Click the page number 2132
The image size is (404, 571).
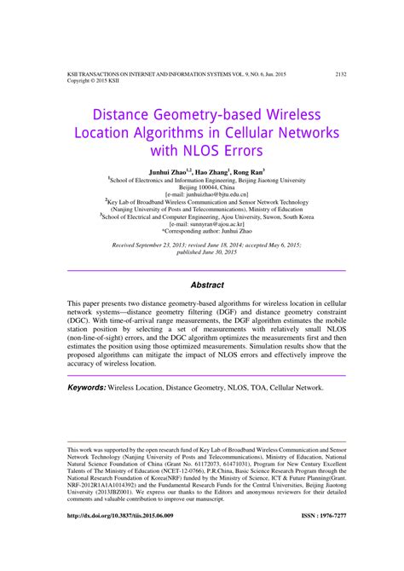click(x=340, y=74)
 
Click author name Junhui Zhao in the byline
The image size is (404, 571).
click(x=181, y=170)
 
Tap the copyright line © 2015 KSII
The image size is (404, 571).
click(x=88, y=81)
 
